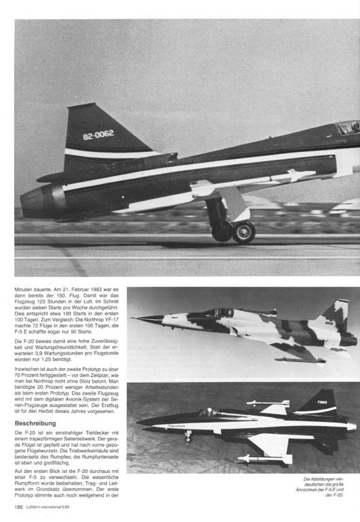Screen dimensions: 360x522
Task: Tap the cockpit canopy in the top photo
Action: (x=346, y=127)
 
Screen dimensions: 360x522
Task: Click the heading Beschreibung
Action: (x=40, y=423)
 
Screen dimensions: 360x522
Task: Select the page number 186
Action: (x=20, y=506)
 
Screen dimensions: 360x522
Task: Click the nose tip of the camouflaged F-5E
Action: (x=134, y=318)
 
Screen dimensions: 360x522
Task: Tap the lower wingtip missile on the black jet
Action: (x=264, y=459)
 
